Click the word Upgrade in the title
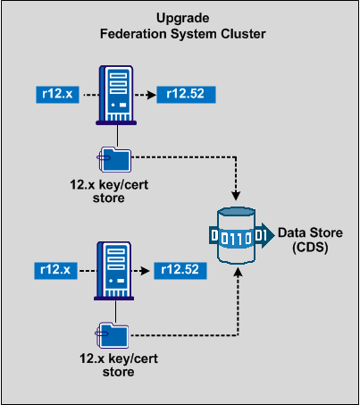(180, 18)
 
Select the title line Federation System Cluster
(180, 33)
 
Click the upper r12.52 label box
(187, 91)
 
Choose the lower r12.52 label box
(187, 267)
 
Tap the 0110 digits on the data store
(237, 237)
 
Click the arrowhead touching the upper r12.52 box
(152, 91)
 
